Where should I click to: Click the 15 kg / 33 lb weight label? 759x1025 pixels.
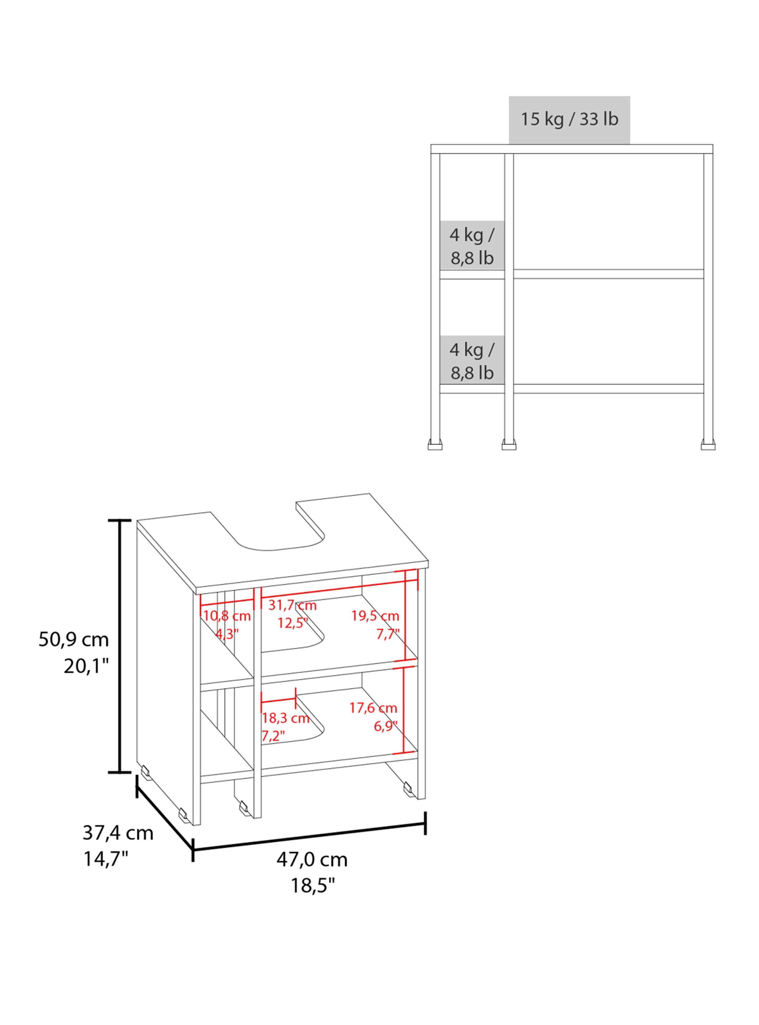pyautogui.click(x=569, y=119)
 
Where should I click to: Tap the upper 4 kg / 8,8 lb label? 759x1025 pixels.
pyautogui.click(x=472, y=247)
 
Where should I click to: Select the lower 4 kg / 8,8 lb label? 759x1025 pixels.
pyautogui.click(x=472, y=361)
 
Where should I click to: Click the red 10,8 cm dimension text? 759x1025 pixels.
pyautogui.click(x=227, y=616)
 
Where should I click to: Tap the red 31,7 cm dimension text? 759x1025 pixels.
pyautogui.click(x=293, y=605)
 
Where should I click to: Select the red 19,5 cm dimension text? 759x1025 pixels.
pyautogui.click(x=375, y=616)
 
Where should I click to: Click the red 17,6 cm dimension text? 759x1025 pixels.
pyautogui.click(x=373, y=708)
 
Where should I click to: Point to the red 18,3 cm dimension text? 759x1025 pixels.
pyautogui.click(x=286, y=718)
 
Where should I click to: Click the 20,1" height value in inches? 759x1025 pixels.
pyautogui.click(x=86, y=666)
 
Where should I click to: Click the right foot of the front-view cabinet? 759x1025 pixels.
pyautogui.click(x=708, y=445)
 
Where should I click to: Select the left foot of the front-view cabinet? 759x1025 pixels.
pyautogui.click(x=435, y=445)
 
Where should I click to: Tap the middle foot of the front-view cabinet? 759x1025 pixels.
pyautogui.click(x=509, y=445)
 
